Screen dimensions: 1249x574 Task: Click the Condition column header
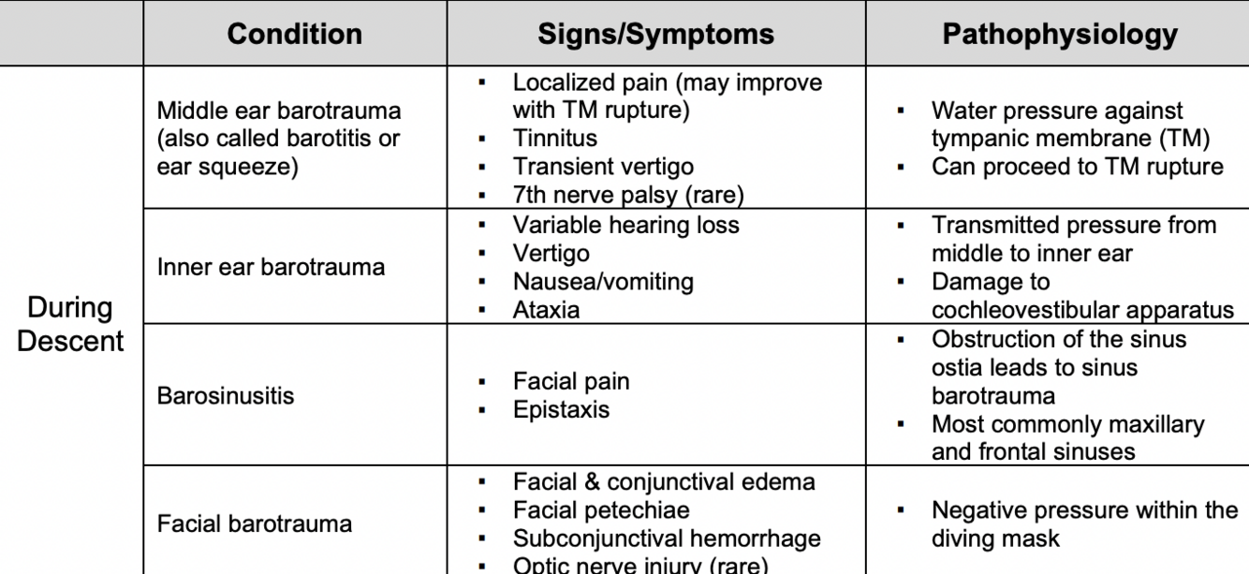(x=294, y=35)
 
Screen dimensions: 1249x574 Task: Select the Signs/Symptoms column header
(x=655, y=35)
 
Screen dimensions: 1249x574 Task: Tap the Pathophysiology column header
(x=1059, y=35)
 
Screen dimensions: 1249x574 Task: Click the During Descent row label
(x=70, y=324)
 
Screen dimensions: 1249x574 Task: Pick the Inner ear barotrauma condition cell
(x=271, y=267)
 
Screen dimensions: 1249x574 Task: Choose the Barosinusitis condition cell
(x=225, y=395)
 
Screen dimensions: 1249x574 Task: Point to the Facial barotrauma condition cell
(x=254, y=523)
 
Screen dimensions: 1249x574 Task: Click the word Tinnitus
(x=554, y=139)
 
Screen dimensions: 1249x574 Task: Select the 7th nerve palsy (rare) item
(x=627, y=196)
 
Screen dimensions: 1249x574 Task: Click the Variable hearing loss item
(x=625, y=226)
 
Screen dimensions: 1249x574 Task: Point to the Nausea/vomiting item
(x=603, y=281)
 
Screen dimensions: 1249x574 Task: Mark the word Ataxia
(x=546, y=310)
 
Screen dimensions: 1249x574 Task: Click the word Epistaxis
(x=561, y=410)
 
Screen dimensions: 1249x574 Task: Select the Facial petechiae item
(x=600, y=511)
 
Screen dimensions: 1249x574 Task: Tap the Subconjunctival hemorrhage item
(x=666, y=539)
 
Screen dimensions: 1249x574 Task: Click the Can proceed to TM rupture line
(x=1077, y=167)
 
